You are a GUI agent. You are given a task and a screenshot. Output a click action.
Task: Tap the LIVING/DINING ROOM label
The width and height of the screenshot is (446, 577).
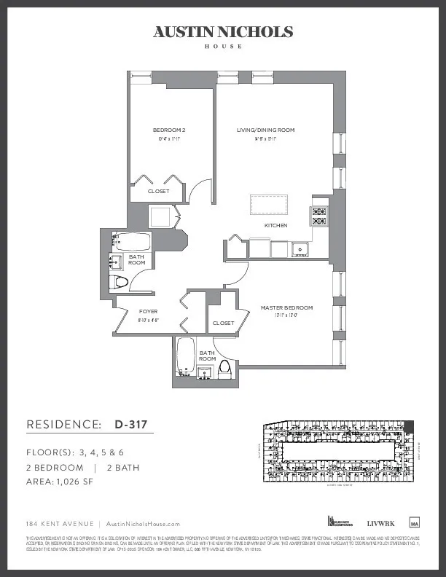click(265, 130)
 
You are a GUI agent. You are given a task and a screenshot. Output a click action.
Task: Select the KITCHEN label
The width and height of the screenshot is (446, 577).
click(275, 226)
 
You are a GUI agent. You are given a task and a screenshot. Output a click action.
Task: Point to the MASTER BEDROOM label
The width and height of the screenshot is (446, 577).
click(286, 308)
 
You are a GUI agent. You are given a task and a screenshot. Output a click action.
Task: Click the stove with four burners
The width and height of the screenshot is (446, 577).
click(319, 216)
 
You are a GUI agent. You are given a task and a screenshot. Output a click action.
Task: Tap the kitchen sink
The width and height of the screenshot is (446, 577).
click(299, 250)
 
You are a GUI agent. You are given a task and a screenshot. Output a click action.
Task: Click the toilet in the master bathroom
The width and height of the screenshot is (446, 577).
click(225, 369)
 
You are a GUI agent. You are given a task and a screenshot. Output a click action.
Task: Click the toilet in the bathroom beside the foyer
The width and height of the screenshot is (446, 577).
click(121, 281)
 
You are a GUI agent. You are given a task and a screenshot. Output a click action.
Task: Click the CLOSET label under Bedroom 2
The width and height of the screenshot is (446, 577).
click(158, 192)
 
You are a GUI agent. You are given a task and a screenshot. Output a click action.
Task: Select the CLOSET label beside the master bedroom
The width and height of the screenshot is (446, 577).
click(222, 323)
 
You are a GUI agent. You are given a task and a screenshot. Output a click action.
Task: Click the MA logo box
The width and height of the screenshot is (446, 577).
click(415, 522)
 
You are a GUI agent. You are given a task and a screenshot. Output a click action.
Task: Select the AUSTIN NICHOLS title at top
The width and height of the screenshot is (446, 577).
click(223, 32)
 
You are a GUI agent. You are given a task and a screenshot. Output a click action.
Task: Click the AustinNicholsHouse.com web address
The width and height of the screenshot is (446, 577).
click(143, 524)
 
